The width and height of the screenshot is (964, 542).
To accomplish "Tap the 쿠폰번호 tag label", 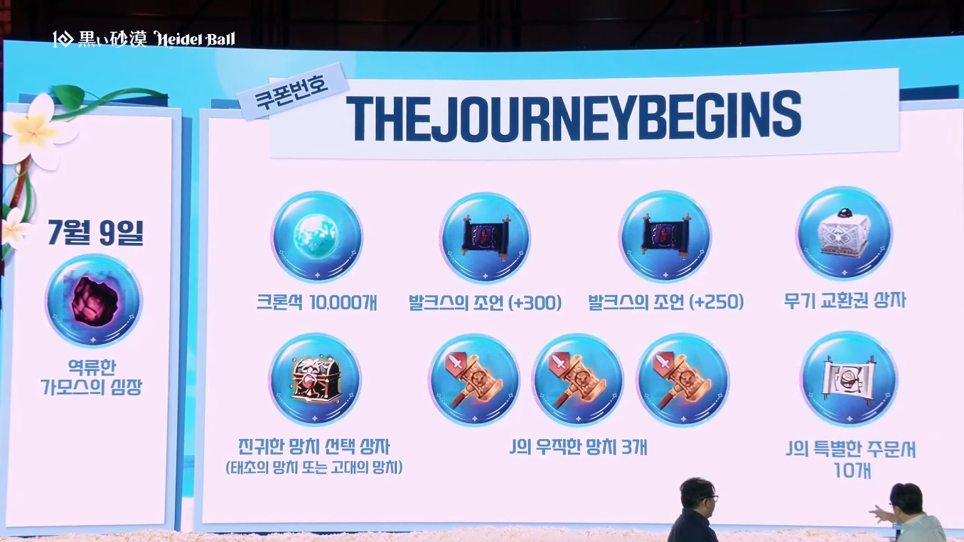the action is (291, 92).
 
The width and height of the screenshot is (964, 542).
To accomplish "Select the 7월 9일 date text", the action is (95, 233).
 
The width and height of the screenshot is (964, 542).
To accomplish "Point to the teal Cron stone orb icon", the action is (317, 237).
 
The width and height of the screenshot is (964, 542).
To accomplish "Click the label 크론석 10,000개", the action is (317, 303).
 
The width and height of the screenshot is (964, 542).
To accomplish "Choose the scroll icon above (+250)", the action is (665, 236).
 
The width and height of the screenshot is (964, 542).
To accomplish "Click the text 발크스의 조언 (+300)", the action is (485, 303).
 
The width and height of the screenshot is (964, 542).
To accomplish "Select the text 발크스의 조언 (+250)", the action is (665, 302).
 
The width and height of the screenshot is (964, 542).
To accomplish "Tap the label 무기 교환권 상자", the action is (845, 300).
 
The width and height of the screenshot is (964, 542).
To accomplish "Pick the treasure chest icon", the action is (315, 379).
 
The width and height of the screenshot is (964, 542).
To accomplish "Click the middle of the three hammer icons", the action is (577, 380).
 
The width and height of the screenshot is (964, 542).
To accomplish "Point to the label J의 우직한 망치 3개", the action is (578, 448).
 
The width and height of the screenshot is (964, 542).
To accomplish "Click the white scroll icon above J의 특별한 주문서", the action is (849, 379).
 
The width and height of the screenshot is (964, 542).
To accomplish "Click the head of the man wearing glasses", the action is (697, 495).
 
